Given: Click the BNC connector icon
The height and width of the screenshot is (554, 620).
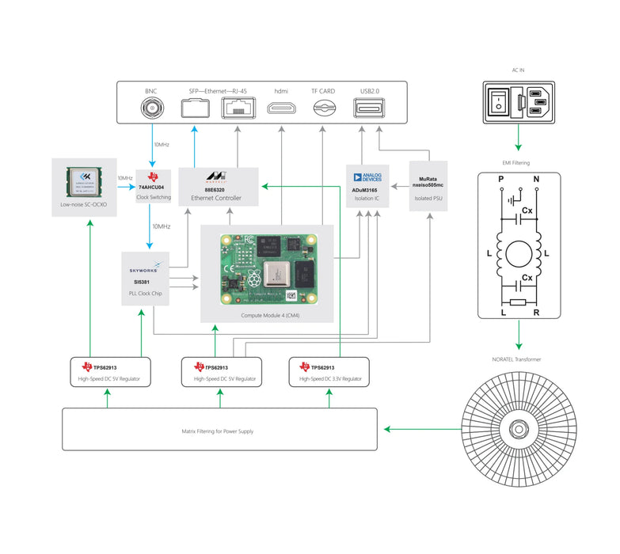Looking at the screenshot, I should pyautogui.click(x=151, y=108).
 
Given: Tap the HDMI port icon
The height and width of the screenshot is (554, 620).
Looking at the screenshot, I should pyautogui.click(x=282, y=108).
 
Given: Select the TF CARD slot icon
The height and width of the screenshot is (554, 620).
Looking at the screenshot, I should pyautogui.click(x=322, y=109).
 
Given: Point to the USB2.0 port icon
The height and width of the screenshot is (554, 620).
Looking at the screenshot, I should pyautogui.click(x=369, y=108).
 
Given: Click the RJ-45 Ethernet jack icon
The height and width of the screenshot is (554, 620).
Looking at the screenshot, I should pyautogui.click(x=235, y=108).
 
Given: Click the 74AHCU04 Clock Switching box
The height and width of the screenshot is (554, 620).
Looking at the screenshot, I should pyautogui.click(x=154, y=186).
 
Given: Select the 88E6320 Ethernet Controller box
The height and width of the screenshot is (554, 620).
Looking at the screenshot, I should pyautogui.click(x=218, y=188).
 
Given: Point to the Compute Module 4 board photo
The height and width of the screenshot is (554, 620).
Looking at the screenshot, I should pyautogui.click(x=266, y=268).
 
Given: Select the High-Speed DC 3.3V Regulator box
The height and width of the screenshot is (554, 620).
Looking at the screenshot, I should pyautogui.click(x=331, y=372).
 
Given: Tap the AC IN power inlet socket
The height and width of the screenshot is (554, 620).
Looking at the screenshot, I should pyautogui.click(x=519, y=102).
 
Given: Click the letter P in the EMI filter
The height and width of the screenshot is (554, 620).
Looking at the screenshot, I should pyautogui.click(x=500, y=180).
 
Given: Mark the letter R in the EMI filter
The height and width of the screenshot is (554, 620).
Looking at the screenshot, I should pyautogui.click(x=536, y=313).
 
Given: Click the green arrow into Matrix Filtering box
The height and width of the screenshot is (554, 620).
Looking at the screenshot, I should pyautogui.click(x=420, y=429).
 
